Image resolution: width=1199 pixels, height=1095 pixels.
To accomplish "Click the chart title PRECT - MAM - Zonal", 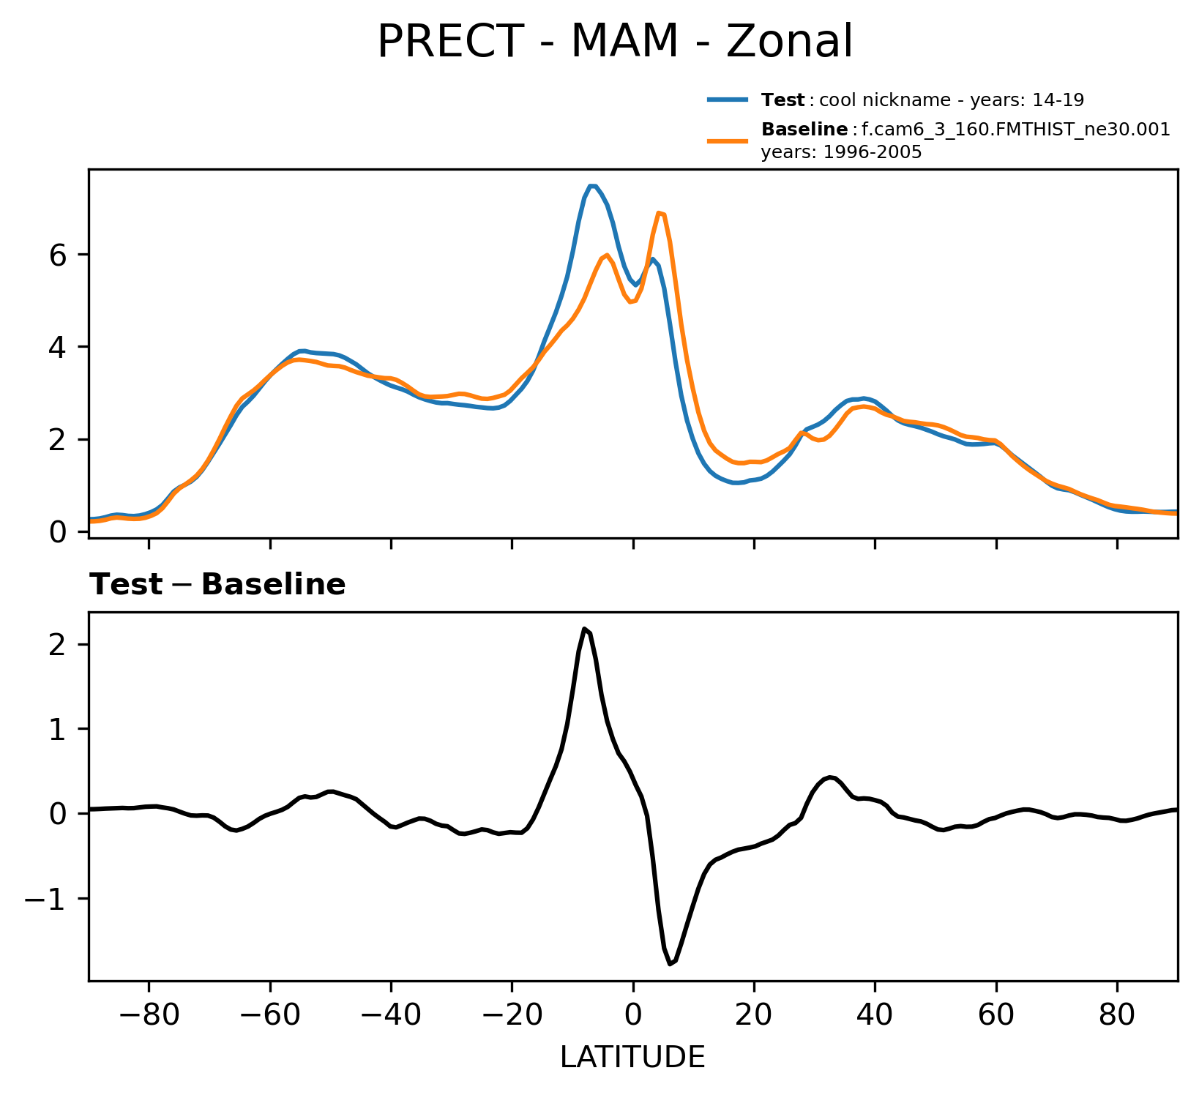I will (614, 42).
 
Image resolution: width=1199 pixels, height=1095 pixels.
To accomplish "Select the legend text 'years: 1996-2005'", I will (841, 153).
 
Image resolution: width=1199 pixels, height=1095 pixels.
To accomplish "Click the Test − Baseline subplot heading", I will (217, 585).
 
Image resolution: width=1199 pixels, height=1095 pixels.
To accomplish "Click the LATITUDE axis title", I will (632, 1057).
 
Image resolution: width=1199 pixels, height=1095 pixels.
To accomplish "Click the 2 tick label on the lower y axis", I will (60, 644).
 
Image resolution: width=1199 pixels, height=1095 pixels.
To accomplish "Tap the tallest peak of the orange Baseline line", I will (660, 213).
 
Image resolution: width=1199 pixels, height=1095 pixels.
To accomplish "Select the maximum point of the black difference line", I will (584, 628).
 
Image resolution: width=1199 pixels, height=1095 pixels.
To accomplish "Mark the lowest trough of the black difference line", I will (670, 964).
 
